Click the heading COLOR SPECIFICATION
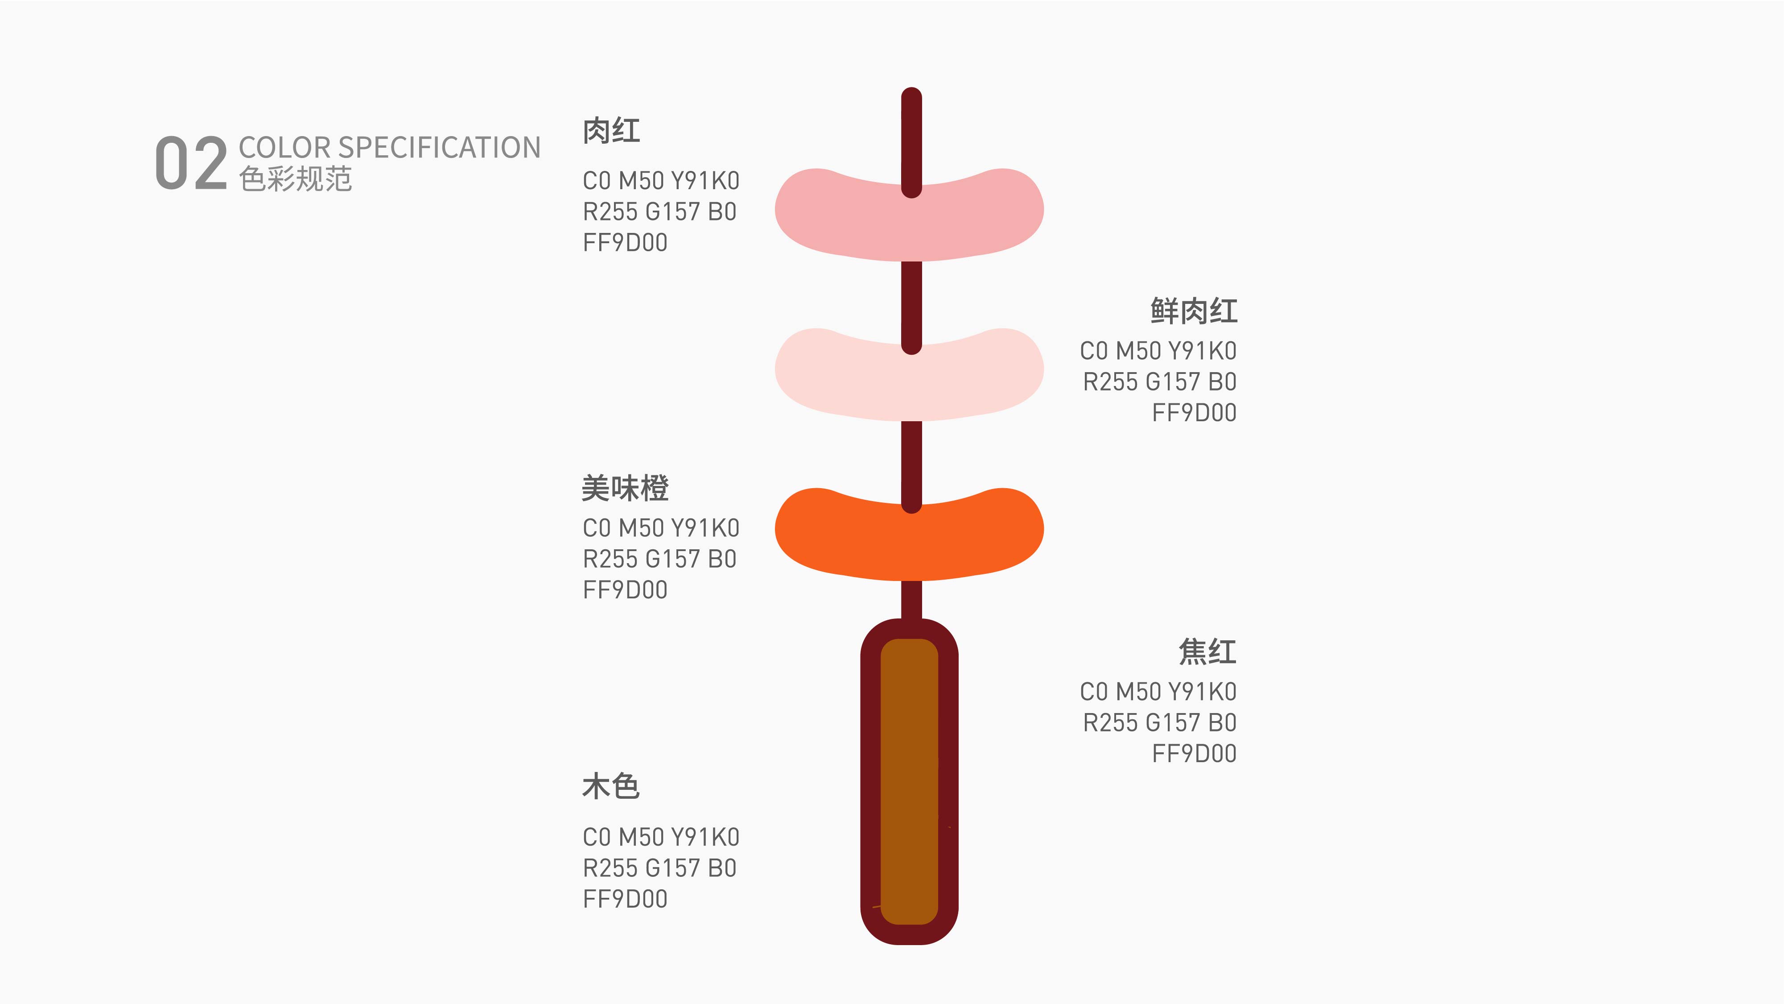pyautogui.click(x=389, y=148)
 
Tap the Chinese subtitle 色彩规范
pyautogui.click(x=296, y=179)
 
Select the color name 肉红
pyautogui.click(x=611, y=131)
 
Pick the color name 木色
pyautogui.click(x=610, y=786)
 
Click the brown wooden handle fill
pyautogui.click(x=909, y=782)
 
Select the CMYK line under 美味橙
pyautogui.click(x=661, y=528)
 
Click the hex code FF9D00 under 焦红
pyautogui.click(x=1195, y=754)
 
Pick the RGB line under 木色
pyautogui.click(x=660, y=868)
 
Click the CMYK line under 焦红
pyautogui.click(x=1158, y=692)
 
